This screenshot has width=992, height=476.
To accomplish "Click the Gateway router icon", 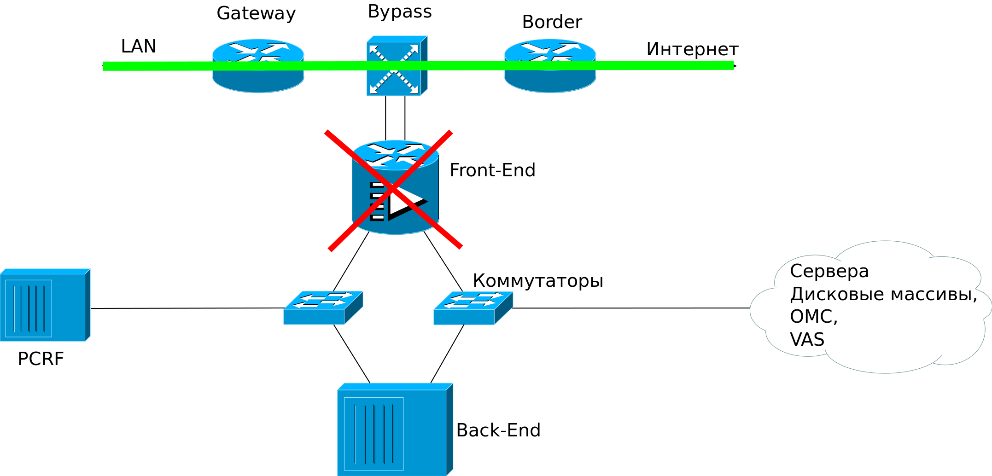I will pyautogui.click(x=258, y=66).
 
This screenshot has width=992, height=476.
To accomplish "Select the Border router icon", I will pyautogui.click(x=550, y=66).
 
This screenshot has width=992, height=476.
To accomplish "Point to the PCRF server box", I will pyautogui.click(x=45, y=305).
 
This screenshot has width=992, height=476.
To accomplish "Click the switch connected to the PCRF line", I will pyautogui.click(x=323, y=308).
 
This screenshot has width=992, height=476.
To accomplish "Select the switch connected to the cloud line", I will pyautogui.click(x=473, y=308).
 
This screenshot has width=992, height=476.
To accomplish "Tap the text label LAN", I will pyautogui.click(x=138, y=46).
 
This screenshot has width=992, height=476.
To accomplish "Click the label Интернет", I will pyautogui.click(x=692, y=49).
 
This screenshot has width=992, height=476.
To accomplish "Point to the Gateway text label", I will pyautogui.click(x=256, y=13).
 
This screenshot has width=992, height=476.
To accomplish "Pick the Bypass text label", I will pyautogui.click(x=400, y=12).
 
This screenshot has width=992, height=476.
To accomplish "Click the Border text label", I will pyautogui.click(x=552, y=22).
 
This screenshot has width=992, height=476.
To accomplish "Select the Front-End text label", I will pyautogui.click(x=492, y=170).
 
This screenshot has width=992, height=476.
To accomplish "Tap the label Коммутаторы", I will pyautogui.click(x=537, y=280).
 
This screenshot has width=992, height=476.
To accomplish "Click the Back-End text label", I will pyautogui.click(x=498, y=430).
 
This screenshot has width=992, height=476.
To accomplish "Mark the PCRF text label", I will pyautogui.click(x=41, y=359).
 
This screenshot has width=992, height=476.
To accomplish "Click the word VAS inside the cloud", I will pyautogui.click(x=807, y=339).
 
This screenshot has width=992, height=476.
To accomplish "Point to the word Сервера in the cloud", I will pyautogui.click(x=829, y=271).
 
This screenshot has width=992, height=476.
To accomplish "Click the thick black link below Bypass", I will pyautogui.click(x=395, y=118).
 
